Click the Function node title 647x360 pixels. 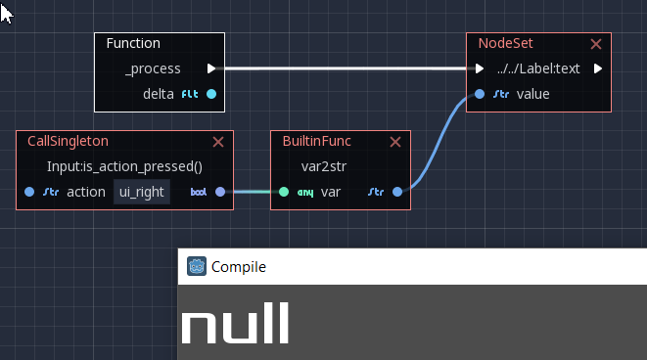(133, 43)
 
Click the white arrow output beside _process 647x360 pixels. (211, 68)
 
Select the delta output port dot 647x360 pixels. (211, 94)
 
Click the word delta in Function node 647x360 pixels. (159, 94)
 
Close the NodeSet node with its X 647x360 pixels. (596, 44)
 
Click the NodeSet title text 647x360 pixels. (505, 43)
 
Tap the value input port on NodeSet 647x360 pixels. (479, 94)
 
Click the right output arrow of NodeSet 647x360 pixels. (597, 68)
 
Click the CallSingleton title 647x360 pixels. (68, 141)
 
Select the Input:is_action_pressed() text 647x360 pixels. (124, 166)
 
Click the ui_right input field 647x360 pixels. (142, 192)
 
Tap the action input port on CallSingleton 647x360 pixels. (29, 192)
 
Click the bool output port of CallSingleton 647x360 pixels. (220, 192)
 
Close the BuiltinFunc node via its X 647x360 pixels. (395, 142)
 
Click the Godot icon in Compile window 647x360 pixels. (196, 266)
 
